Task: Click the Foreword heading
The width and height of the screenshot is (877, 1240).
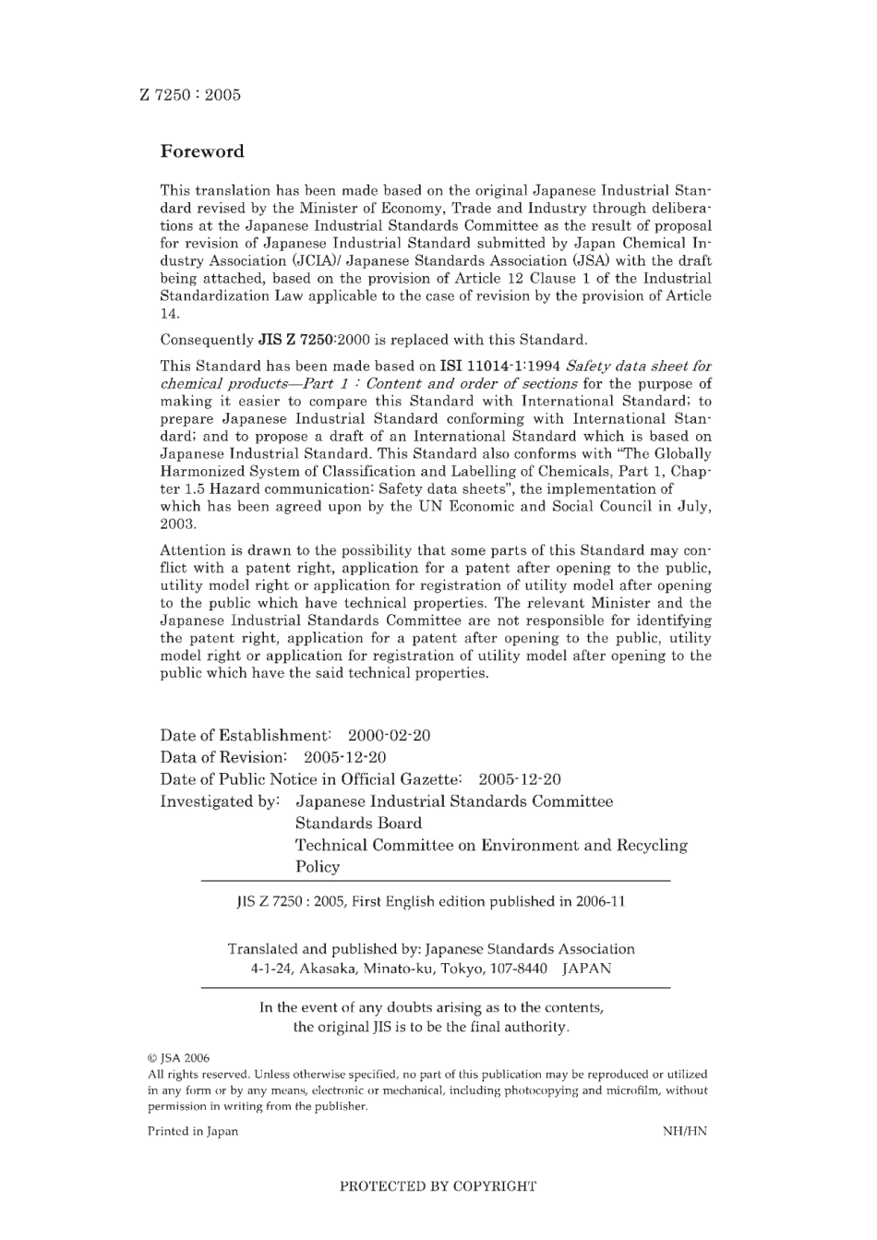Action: coord(202,151)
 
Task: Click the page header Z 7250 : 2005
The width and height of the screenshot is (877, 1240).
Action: coord(190,94)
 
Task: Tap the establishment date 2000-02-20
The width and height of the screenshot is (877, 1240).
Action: coord(389,736)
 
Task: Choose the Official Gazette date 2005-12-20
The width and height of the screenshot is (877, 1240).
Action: coord(520,780)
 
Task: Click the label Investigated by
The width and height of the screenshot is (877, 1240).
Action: coord(220,801)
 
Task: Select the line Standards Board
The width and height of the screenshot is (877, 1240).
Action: coord(358,824)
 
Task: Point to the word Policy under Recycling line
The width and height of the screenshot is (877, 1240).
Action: coord(318,867)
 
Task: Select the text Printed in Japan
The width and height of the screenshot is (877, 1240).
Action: coord(192,1131)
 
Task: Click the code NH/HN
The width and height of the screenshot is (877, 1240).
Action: coord(684,1131)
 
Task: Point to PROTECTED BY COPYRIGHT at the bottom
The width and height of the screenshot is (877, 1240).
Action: coord(438,1186)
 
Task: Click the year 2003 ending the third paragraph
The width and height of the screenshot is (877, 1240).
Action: coord(177,524)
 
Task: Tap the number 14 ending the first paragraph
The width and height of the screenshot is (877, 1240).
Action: coord(169,314)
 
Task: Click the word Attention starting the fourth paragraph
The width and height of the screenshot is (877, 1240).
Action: coord(192,551)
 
